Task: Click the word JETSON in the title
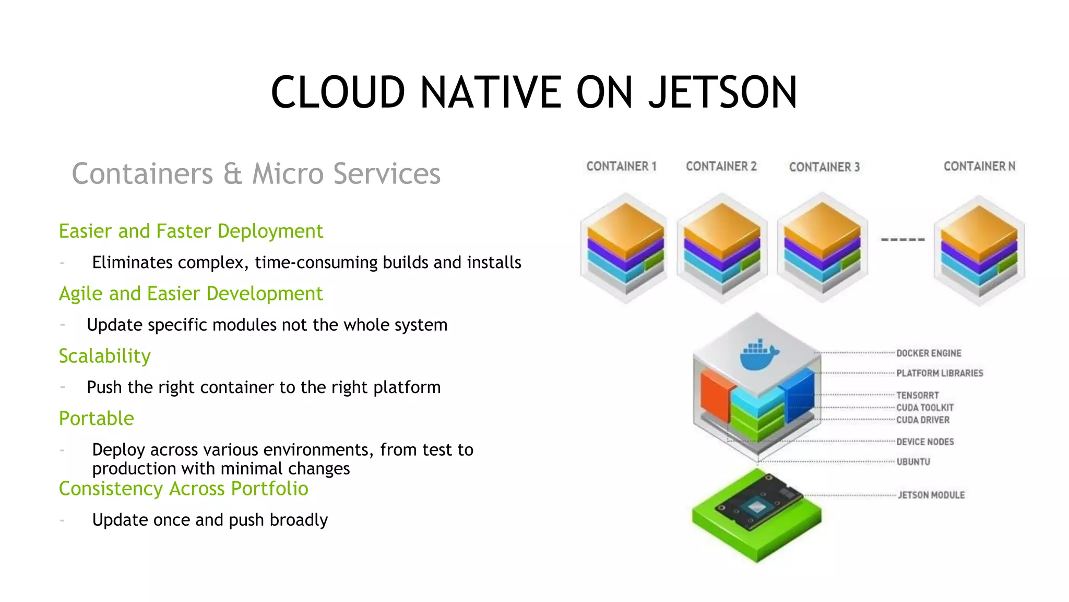point(723,92)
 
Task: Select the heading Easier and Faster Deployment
point(191,231)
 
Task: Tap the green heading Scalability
point(104,356)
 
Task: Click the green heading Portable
point(96,419)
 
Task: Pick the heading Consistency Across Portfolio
point(183,489)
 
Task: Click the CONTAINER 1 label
point(621,166)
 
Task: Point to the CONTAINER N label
point(979,166)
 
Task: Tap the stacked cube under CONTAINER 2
point(722,248)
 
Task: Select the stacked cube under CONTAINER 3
point(822,248)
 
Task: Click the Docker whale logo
point(758,355)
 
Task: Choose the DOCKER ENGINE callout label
point(929,353)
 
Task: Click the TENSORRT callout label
point(917,396)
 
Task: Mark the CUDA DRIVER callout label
point(923,420)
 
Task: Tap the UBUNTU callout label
point(913,462)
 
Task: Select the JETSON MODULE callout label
point(931,495)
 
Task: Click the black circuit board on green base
point(758,502)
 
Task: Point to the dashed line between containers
point(902,240)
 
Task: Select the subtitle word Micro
point(288,174)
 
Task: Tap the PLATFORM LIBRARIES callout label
point(940,373)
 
